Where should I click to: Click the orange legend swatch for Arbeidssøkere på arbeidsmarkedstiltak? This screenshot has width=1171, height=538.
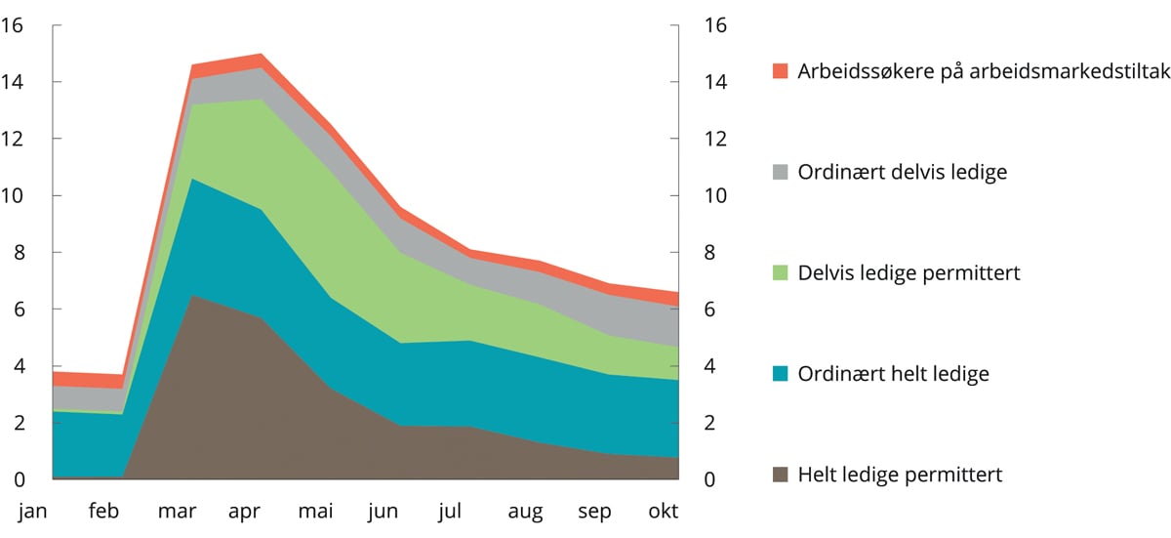(x=779, y=71)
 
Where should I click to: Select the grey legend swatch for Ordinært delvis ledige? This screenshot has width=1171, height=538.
(x=779, y=172)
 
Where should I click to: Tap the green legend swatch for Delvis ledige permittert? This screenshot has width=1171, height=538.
(x=779, y=273)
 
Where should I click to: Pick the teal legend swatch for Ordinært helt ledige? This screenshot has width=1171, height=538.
(x=779, y=374)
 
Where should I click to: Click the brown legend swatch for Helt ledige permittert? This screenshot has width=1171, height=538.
(x=779, y=476)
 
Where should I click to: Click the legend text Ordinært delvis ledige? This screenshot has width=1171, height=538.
(x=902, y=172)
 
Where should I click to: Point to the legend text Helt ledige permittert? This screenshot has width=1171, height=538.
(x=900, y=476)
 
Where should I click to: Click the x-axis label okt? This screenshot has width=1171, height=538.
(x=665, y=511)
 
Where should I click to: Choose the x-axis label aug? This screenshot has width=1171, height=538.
(x=525, y=511)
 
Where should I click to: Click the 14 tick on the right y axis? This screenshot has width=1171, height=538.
(x=714, y=82)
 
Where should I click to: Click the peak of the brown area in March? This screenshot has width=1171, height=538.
(x=192, y=295)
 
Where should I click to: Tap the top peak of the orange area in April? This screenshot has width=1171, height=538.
(x=262, y=54)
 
